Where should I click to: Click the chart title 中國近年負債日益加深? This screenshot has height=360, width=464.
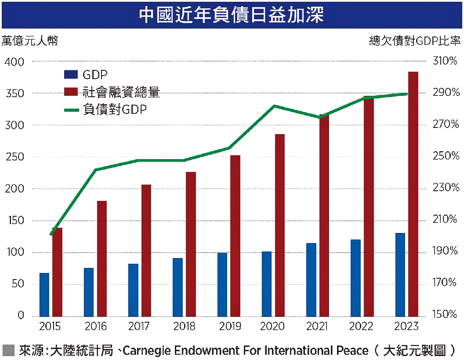[232, 15]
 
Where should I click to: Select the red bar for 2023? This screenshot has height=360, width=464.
[413, 193]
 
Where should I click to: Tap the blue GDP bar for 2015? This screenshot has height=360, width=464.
[44, 295]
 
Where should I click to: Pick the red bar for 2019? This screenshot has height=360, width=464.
[235, 235]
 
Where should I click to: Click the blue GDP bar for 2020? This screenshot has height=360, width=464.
[266, 284]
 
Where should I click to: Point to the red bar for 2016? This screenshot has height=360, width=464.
[102, 258]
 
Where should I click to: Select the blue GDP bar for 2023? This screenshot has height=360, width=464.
[400, 274]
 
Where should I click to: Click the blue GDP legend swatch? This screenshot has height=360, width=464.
[70, 75]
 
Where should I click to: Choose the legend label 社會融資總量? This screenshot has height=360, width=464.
[121, 92]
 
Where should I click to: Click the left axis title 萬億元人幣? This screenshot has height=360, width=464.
[30, 41]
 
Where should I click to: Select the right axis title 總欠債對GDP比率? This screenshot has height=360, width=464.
[415, 41]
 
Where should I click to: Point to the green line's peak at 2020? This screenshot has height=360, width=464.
[274, 106]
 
